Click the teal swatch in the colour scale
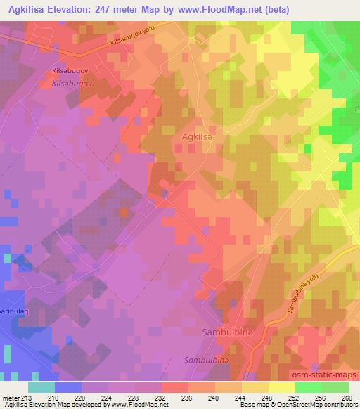41,387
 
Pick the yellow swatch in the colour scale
281,387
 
